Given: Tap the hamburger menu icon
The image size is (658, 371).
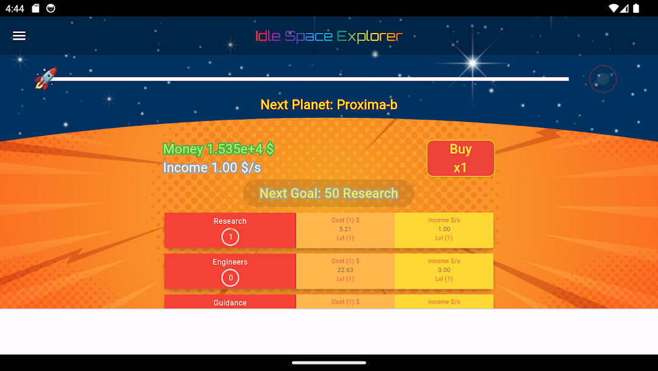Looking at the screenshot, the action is (x=19, y=36).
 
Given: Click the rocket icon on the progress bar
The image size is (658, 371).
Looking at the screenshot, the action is (x=46, y=79).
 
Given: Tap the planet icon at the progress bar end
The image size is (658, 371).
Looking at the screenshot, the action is (x=603, y=79).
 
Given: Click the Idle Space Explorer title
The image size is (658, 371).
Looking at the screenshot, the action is (x=329, y=37).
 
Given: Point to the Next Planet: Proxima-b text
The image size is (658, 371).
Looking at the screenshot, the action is (x=329, y=104).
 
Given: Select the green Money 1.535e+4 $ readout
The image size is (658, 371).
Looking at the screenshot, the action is (x=218, y=149).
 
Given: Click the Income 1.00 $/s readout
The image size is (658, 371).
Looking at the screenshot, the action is (x=212, y=168).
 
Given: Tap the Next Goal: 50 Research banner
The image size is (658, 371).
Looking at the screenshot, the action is (x=329, y=193).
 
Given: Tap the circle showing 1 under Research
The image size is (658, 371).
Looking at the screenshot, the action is (x=230, y=237).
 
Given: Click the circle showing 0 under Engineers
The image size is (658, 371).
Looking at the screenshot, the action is (x=230, y=278).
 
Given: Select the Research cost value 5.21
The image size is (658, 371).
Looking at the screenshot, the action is (x=345, y=229).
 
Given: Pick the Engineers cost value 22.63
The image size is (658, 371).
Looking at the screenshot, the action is (x=345, y=270).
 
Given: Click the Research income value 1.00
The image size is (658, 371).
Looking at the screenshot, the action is (x=444, y=229).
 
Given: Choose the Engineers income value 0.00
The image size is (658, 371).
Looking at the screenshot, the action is (x=444, y=270).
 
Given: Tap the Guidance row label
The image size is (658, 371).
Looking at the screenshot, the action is (x=230, y=303).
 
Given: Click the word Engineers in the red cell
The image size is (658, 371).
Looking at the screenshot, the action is (x=230, y=262).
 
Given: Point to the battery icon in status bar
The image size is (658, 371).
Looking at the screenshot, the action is (x=636, y=9).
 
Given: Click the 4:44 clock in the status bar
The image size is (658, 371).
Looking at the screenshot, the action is (x=15, y=9).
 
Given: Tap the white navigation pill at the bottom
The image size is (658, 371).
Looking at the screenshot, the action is (x=329, y=362).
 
